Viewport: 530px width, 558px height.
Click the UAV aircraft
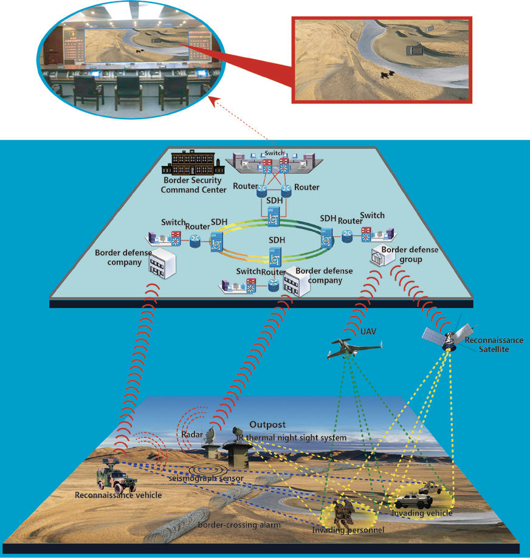pyautogui.click(x=354, y=348)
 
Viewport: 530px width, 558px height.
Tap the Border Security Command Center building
pyautogui.click(x=193, y=164)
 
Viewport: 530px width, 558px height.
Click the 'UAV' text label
pyautogui.click(x=368, y=331)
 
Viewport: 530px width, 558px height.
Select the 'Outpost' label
pyautogui.click(x=267, y=424)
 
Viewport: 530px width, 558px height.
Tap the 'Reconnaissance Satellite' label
pyautogui.click(x=494, y=345)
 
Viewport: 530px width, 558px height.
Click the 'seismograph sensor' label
pyautogui.click(x=205, y=478)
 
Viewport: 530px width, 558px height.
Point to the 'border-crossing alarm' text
pyautogui.click(x=239, y=525)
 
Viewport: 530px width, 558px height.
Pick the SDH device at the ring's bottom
pyautogui.click(x=275, y=257)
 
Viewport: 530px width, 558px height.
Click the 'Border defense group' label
pyautogui.click(x=410, y=255)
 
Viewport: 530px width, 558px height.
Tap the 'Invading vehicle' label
pyautogui.click(x=422, y=513)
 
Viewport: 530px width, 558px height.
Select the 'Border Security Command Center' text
pyautogui.click(x=193, y=185)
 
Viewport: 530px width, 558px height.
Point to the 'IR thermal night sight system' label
pyautogui.click(x=291, y=438)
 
